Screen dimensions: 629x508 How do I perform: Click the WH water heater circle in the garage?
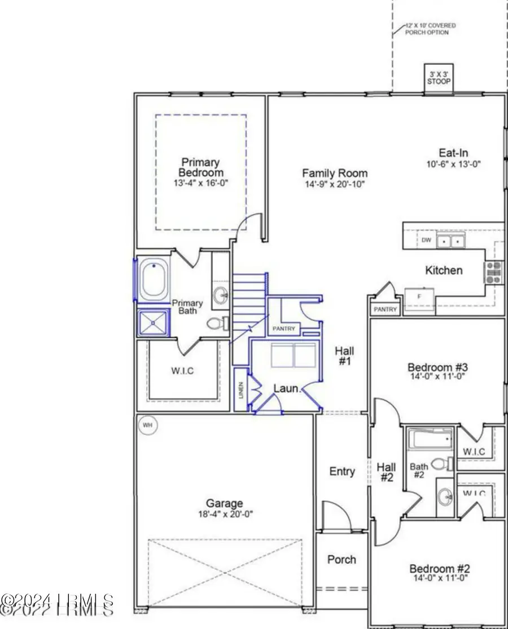pyautogui.click(x=148, y=424)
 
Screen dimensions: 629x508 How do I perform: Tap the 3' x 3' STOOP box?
pyautogui.click(x=439, y=77)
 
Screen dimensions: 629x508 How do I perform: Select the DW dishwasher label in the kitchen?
pyautogui.click(x=426, y=240)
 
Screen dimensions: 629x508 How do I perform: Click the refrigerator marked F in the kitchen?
pyautogui.click(x=419, y=295)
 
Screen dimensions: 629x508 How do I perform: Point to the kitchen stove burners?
pyautogui.click(x=493, y=272)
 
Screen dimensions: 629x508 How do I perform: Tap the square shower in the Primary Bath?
pyautogui.click(x=154, y=323)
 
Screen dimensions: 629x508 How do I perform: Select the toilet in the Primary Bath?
pyautogui.click(x=217, y=324)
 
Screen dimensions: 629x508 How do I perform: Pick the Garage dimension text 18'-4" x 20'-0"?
pyautogui.click(x=224, y=514)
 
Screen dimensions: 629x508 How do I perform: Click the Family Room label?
pyautogui.click(x=334, y=174)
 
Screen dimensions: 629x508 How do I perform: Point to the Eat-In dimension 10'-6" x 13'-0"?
pyautogui.click(x=453, y=164)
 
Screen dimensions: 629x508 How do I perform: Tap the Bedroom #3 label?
pyautogui.click(x=437, y=368)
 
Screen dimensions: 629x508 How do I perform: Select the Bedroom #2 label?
pyautogui.click(x=438, y=568)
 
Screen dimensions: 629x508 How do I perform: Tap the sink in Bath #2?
pyautogui.click(x=445, y=497)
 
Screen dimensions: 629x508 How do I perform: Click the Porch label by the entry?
pyautogui.click(x=341, y=559)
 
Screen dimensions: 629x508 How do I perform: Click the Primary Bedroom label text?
pyautogui.click(x=201, y=167)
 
